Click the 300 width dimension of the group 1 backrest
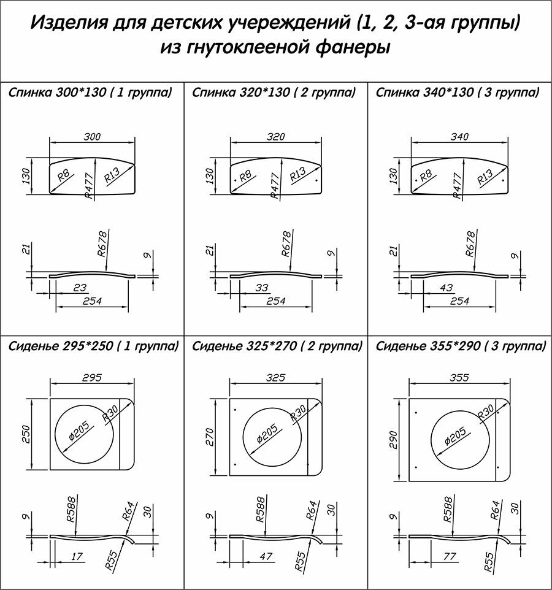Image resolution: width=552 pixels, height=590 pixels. pyautogui.click(x=92, y=136)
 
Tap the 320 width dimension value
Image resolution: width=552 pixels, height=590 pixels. pyautogui.click(x=276, y=136)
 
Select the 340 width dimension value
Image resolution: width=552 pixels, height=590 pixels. pyautogui.click(x=459, y=136)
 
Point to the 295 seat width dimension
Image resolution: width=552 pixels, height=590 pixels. pyautogui.click(x=92, y=377)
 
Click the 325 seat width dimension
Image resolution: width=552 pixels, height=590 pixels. pyautogui.click(x=276, y=377)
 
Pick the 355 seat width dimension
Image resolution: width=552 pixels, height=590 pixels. pyautogui.click(x=459, y=377)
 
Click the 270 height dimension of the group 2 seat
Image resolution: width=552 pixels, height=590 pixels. pyautogui.click(x=210, y=437)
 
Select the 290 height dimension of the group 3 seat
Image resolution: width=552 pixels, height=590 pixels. pyautogui.click(x=393, y=440)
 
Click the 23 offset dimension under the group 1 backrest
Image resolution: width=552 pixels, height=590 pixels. pyautogui.click(x=80, y=288)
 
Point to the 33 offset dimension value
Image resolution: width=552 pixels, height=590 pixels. pyautogui.click(x=262, y=288)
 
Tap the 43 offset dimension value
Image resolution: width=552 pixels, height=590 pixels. pyautogui.click(x=447, y=288)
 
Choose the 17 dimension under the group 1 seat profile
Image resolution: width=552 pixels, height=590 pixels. pyautogui.click(x=77, y=556)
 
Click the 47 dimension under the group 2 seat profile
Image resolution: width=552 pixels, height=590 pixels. pyautogui.click(x=266, y=556)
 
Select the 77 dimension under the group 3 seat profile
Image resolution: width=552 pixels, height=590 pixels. pyautogui.click(x=450, y=556)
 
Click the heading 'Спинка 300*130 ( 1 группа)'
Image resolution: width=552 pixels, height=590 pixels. pyautogui.click(x=90, y=93)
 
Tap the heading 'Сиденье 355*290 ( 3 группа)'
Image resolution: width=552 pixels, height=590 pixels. pyautogui.click(x=461, y=346)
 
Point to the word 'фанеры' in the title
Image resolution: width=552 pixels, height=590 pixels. pyautogui.click(x=351, y=48)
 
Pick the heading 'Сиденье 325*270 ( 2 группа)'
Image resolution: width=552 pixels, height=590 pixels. pyautogui.click(x=277, y=346)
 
